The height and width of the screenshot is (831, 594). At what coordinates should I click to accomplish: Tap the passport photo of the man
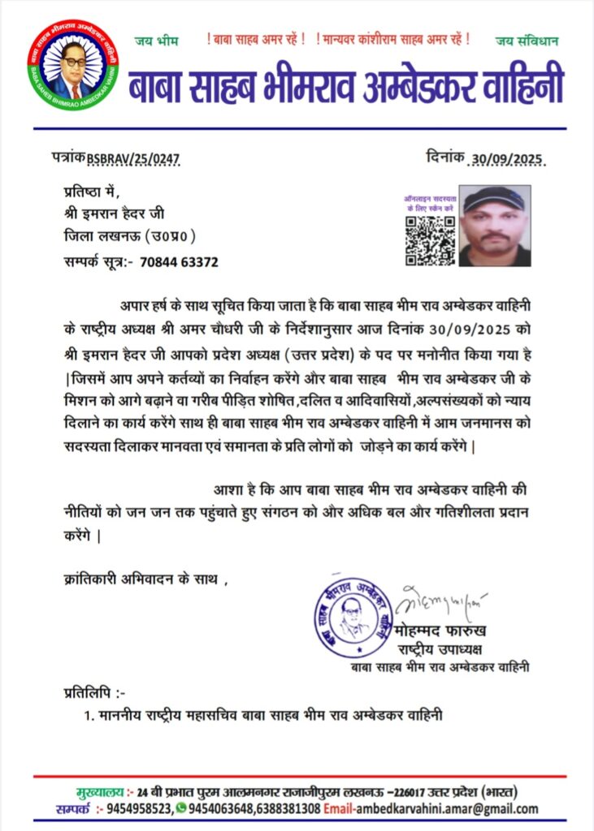click(495, 227)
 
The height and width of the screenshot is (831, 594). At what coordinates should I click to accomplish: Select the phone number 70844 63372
click(179, 262)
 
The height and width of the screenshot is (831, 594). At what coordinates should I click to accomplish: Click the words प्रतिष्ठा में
click(91, 192)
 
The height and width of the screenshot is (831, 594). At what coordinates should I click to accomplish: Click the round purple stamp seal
click(354, 615)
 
